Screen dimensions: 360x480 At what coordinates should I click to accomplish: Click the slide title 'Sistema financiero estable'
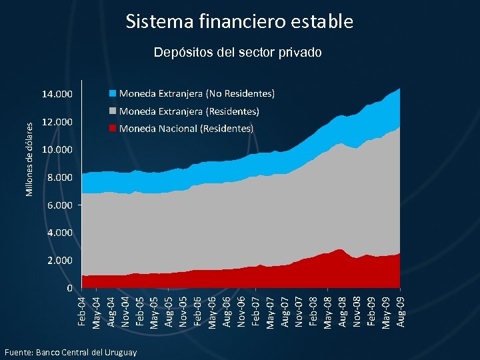(239, 21)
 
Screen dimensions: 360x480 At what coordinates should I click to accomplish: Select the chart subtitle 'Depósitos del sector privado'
(237, 52)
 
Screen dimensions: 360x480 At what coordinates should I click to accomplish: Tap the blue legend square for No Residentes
(113, 93)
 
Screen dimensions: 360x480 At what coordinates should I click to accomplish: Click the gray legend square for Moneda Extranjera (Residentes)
(113, 111)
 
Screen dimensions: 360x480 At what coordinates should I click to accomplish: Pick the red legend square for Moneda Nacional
(113, 128)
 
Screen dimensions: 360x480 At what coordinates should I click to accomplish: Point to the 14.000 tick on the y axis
(57, 94)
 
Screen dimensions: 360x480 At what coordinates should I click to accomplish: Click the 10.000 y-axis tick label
(57, 150)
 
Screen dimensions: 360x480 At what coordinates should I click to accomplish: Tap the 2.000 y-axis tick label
(60, 261)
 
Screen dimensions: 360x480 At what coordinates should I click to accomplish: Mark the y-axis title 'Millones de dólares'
(29, 159)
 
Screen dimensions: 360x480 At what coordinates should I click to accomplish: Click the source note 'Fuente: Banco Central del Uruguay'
(70, 352)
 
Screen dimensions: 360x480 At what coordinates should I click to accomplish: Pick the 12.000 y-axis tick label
(57, 123)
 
